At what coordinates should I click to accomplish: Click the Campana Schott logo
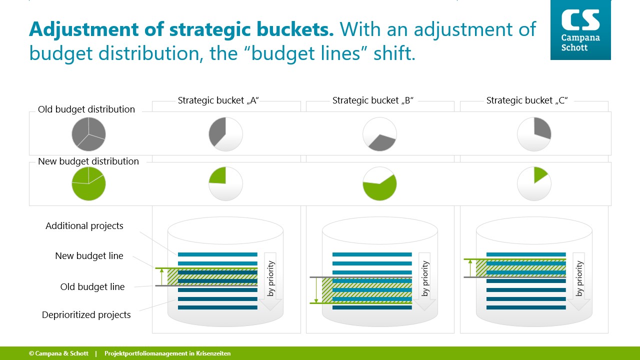[x=580, y=29]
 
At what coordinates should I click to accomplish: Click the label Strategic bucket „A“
[x=218, y=100]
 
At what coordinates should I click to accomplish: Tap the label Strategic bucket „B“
[x=373, y=100]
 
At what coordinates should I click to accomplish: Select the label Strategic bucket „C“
[x=527, y=100]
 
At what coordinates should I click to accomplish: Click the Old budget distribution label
[x=86, y=109]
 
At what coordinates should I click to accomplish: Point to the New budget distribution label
[x=88, y=161]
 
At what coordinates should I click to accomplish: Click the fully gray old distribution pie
[x=88, y=134]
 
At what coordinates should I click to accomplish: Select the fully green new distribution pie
[x=88, y=183]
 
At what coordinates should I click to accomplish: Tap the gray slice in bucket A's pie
[x=217, y=131]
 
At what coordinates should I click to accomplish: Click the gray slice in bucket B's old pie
[x=382, y=143]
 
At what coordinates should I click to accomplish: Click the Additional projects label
[x=84, y=226]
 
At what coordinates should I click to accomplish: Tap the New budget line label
[x=89, y=255]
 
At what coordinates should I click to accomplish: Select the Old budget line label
[x=92, y=286]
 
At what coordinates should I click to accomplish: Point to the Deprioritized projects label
[x=86, y=315]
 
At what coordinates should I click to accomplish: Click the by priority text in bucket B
[x=425, y=278]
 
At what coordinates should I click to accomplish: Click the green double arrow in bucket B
[x=316, y=290]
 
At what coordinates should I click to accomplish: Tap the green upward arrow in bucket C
[x=470, y=268]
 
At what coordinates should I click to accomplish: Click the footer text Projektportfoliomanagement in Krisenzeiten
[x=167, y=353]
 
